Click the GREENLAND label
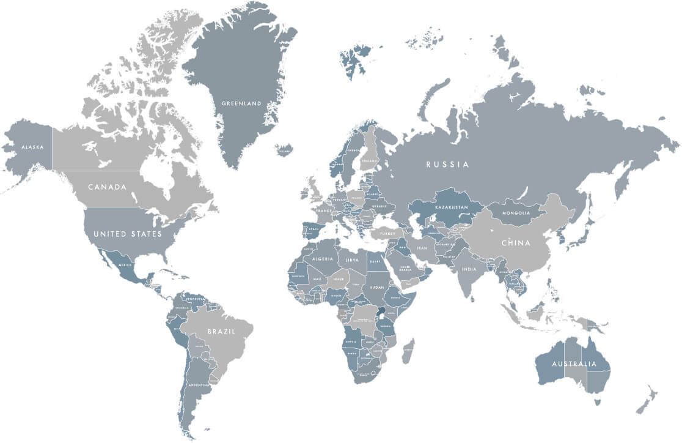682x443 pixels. (x=241, y=103)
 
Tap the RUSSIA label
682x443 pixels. (x=448, y=164)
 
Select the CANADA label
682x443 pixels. (x=107, y=187)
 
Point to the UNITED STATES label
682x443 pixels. (x=128, y=234)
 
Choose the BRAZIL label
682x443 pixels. (x=221, y=331)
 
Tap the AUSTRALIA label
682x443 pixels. (x=574, y=364)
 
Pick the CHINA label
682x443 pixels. (x=516, y=243)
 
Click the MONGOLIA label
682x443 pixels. (x=516, y=213)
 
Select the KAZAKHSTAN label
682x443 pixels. (x=452, y=207)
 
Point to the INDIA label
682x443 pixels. (x=469, y=269)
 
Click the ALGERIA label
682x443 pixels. (x=322, y=259)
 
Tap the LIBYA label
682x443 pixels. (x=353, y=260)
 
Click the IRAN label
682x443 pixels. (x=422, y=248)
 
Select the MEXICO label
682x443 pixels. (x=125, y=265)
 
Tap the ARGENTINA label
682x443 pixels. (x=199, y=385)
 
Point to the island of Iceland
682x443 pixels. (x=284, y=149)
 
